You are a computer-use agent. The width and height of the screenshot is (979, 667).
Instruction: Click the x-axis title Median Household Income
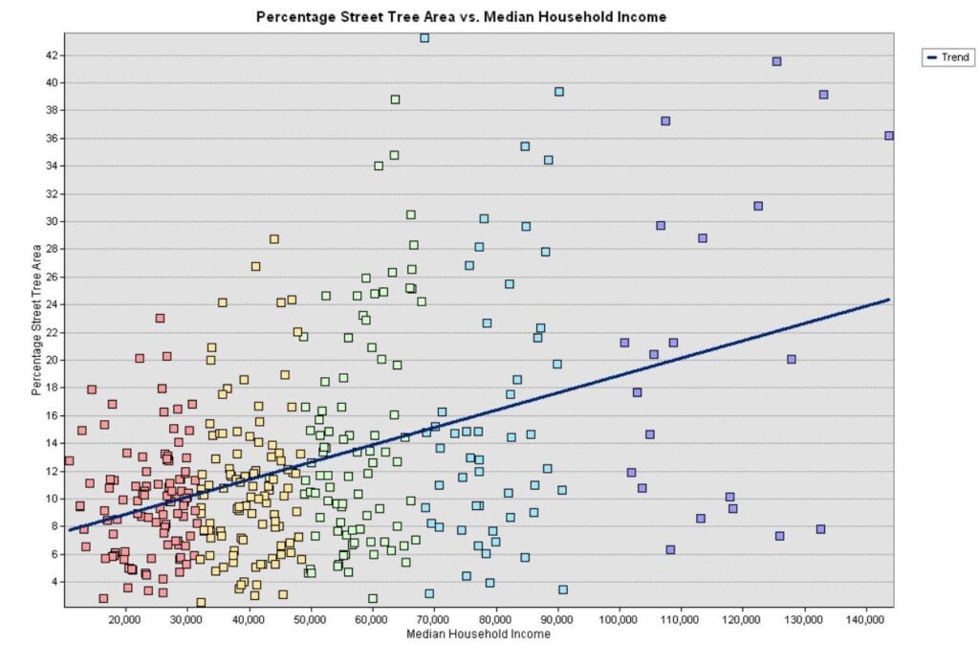pyautogui.click(x=478, y=634)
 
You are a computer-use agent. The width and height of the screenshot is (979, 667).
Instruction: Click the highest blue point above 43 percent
pyautogui.click(x=424, y=38)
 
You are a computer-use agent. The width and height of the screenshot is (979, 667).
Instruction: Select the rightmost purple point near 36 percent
pyautogui.click(x=888, y=136)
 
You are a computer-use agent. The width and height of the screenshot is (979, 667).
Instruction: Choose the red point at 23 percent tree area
pyautogui.click(x=160, y=318)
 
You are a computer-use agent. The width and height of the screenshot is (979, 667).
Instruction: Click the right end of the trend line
pyautogui.click(x=888, y=300)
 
